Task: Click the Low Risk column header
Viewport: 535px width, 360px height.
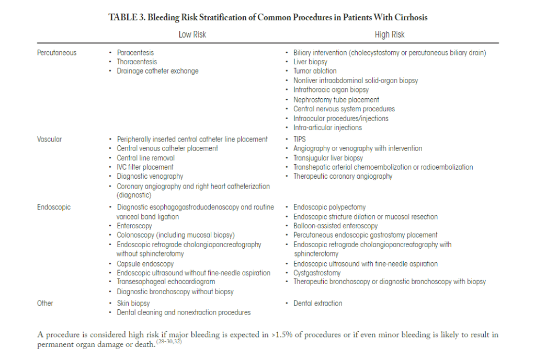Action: pyautogui.click(x=192, y=34)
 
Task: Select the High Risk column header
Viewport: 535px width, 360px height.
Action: pyautogui.click(x=390, y=34)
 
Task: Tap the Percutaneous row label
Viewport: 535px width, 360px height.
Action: pyautogui.click(x=56, y=52)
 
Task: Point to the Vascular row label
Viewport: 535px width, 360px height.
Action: pyautogui.click(x=50, y=139)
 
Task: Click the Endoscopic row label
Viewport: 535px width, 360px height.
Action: pyautogui.click(x=54, y=207)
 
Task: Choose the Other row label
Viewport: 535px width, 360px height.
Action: pyautogui.click(x=45, y=303)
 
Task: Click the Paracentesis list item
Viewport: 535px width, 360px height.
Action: pyautogui.click(x=135, y=52)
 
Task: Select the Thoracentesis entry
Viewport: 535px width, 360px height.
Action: pyautogui.click(x=136, y=62)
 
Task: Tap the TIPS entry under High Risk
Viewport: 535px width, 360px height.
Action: pyautogui.click(x=300, y=139)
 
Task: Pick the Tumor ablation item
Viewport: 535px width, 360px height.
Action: pyautogui.click(x=315, y=71)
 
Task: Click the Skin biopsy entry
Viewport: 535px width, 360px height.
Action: pyautogui.click(x=133, y=303)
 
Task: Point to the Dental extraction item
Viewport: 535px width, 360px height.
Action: pyautogui.click(x=318, y=303)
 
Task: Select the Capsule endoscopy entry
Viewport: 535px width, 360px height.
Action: pyautogui.click(x=145, y=264)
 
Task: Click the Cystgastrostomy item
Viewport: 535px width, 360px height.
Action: pyautogui.click(x=317, y=273)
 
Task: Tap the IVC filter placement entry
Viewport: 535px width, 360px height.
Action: pyautogui.click(x=145, y=167)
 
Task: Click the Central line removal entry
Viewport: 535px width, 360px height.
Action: pyautogui.click(x=145, y=158)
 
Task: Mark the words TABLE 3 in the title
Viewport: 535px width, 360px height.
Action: pyautogui.click(x=126, y=17)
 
